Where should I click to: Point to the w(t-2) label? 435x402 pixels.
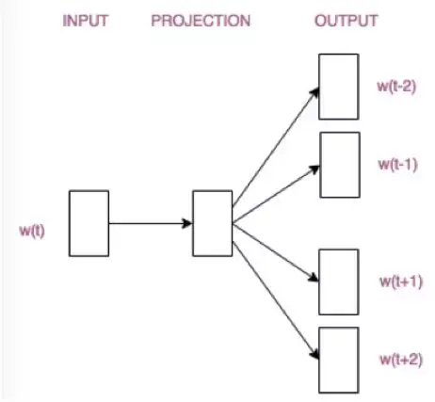tap(397, 88)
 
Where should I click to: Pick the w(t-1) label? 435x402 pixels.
tap(397, 164)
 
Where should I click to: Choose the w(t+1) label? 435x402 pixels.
tap(397, 281)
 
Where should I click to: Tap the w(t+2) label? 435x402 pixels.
tap(397, 359)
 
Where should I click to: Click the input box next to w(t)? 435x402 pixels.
tap(89, 223)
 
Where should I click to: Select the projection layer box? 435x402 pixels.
tap(212, 223)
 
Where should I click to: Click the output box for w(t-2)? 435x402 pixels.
tap(338, 87)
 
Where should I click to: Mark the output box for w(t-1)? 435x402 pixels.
tap(338, 164)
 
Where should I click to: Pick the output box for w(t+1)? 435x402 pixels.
tap(338, 281)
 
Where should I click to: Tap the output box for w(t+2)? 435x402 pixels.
tap(338, 359)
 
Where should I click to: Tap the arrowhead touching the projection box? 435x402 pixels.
tap(187, 224)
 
